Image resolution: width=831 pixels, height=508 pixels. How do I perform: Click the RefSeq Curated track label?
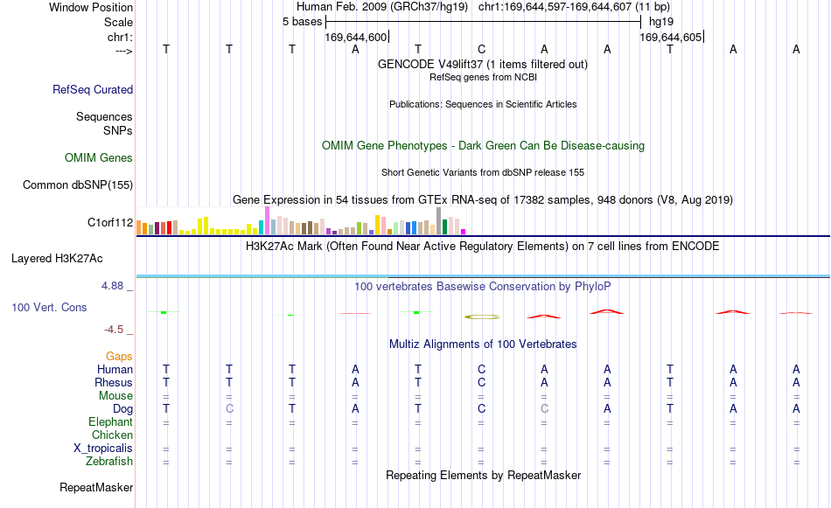[93, 89]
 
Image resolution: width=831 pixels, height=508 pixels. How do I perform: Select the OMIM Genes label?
[99, 158]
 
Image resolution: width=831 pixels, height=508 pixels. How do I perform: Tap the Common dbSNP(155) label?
[78, 184]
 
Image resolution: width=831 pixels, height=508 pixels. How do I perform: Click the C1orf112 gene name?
[110, 222]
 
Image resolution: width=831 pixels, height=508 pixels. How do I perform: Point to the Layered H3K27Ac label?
[57, 259]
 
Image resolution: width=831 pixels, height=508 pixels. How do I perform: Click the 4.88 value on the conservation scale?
[112, 286]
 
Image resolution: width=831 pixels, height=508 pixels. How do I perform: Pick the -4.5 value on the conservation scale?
[114, 330]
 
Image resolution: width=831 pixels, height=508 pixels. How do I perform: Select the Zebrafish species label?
[109, 462]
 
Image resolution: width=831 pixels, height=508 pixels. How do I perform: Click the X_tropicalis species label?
[103, 449]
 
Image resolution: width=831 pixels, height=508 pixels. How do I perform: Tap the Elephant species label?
[111, 422]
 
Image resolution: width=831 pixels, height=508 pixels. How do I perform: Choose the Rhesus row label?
[114, 382]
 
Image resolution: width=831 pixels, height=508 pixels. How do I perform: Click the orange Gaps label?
[119, 357]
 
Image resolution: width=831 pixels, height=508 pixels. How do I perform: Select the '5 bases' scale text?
[302, 22]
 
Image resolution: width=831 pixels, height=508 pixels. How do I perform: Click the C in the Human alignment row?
[481, 369]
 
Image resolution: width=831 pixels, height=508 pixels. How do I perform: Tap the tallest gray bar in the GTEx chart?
[439, 221]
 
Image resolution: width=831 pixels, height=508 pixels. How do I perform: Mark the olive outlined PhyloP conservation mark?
[482, 317]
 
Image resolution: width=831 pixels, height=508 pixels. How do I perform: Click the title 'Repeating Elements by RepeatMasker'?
[484, 475]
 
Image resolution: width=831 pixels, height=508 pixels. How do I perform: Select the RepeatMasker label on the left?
[96, 487]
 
